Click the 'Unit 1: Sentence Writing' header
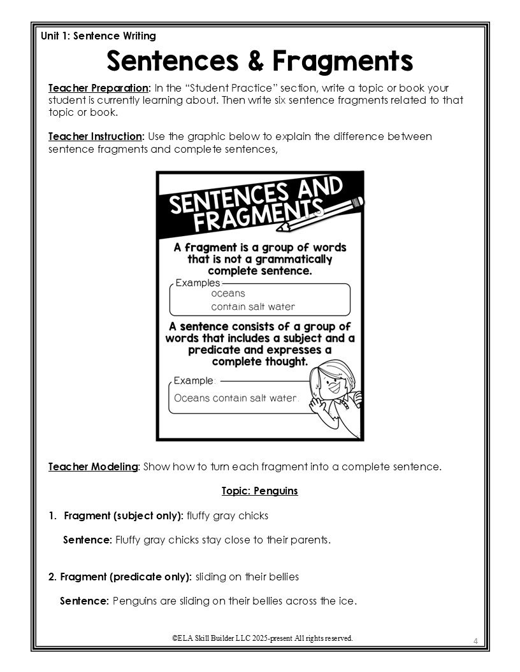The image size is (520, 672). pyautogui.click(x=98, y=36)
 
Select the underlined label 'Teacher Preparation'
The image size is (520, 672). pyautogui.click(x=99, y=88)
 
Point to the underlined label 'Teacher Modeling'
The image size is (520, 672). pyautogui.click(x=93, y=466)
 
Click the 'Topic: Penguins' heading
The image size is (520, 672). pyautogui.click(x=259, y=491)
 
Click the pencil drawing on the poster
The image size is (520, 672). pyautogui.click(x=322, y=215)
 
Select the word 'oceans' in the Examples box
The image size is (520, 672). pyautogui.click(x=228, y=293)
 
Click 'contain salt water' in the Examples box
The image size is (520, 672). pyautogui.click(x=253, y=307)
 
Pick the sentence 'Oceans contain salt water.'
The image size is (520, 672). pyautogui.click(x=236, y=398)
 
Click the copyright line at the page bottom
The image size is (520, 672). pyautogui.click(x=262, y=638)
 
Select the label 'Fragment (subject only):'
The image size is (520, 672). pyautogui.click(x=124, y=515)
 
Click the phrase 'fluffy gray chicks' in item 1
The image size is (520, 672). pyautogui.click(x=227, y=515)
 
